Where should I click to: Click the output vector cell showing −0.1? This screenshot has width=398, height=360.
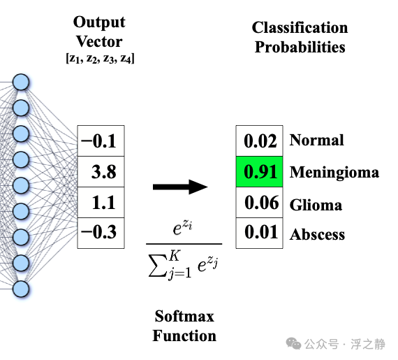(101, 141)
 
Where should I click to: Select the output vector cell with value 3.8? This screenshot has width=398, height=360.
(101, 172)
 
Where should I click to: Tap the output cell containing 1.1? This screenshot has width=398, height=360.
(101, 203)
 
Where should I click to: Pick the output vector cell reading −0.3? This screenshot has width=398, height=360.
(101, 233)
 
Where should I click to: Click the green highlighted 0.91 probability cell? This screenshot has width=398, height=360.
(260, 172)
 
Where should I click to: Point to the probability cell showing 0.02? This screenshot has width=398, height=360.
(260, 141)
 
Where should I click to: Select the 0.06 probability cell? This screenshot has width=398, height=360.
(260, 203)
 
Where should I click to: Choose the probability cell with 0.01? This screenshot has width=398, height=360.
(260, 233)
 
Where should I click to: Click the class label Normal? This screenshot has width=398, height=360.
(317, 140)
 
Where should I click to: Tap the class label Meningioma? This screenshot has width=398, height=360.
(334, 173)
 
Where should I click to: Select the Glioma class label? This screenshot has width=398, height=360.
(316, 205)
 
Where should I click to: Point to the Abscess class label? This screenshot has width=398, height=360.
(317, 234)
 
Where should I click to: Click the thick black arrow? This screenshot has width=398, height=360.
(180, 187)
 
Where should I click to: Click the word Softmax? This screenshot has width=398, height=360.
(184, 316)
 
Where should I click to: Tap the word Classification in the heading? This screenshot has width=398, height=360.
(300, 27)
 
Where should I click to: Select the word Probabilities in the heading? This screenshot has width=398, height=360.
(300, 48)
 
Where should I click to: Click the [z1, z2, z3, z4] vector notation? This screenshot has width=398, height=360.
(100, 59)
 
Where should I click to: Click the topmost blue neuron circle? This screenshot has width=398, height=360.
(21, 82)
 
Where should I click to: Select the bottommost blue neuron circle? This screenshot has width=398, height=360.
(21, 289)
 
